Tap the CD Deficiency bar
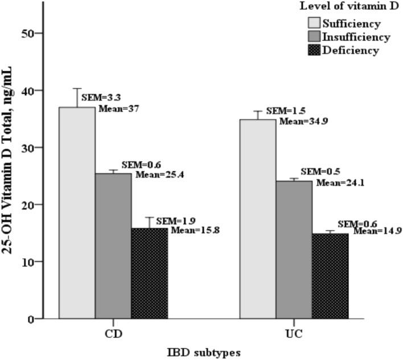(x=150, y=274)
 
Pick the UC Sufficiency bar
(x=257, y=219)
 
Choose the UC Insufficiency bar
(x=294, y=250)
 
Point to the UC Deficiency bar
(x=330, y=276)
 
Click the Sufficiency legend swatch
(x=314, y=23)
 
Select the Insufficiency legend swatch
(x=314, y=37)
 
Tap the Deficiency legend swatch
(x=314, y=50)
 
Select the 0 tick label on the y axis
(x=31, y=319)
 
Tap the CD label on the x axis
(x=113, y=333)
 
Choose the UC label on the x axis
(x=294, y=333)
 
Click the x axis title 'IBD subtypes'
(x=203, y=353)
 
